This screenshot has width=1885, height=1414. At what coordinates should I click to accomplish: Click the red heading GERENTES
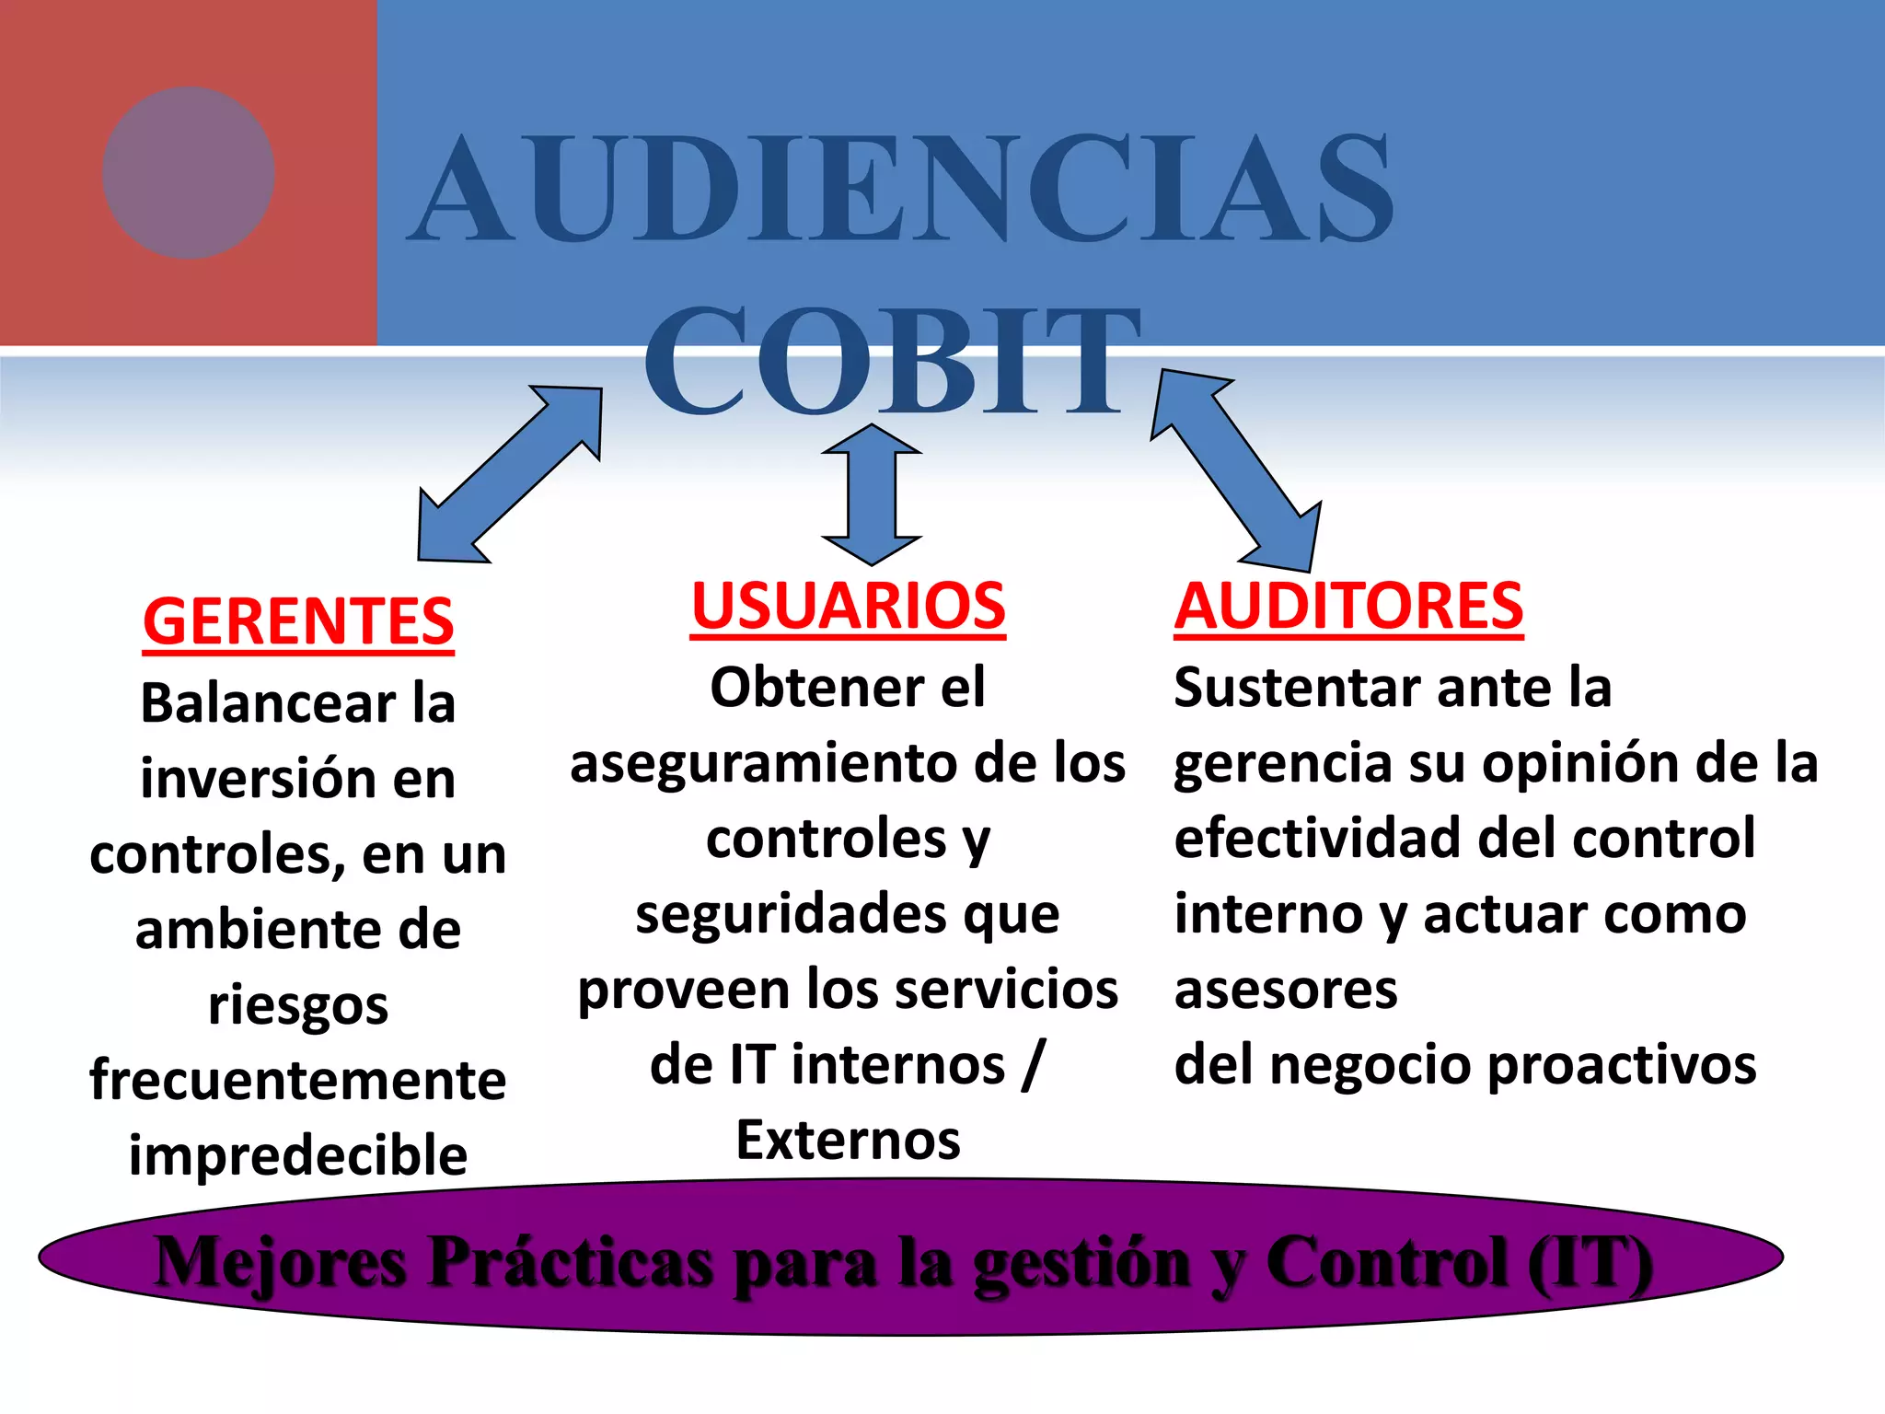(x=298, y=621)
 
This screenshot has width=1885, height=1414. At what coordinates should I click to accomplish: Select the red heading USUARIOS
(x=848, y=607)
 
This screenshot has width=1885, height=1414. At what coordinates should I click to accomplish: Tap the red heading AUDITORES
(x=1348, y=607)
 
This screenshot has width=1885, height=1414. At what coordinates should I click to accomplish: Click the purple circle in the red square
(x=189, y=173)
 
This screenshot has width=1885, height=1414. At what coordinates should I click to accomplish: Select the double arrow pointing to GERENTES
(x=509, y=474)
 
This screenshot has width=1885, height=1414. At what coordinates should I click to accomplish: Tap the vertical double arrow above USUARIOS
(x=871, y=494)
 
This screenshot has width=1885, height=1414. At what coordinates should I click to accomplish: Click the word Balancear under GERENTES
(x=267, y=704)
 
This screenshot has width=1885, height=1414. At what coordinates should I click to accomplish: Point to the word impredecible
(x=298, y=1156)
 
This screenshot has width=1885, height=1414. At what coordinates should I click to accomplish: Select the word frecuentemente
(x=298, y=1081)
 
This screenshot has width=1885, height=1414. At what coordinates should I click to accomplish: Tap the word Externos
(x=848, y=1141)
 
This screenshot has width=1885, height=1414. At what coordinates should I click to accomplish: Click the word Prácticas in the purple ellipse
(x=571, y=1262)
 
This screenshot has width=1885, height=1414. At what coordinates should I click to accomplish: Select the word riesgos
(x=298, y=1005)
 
